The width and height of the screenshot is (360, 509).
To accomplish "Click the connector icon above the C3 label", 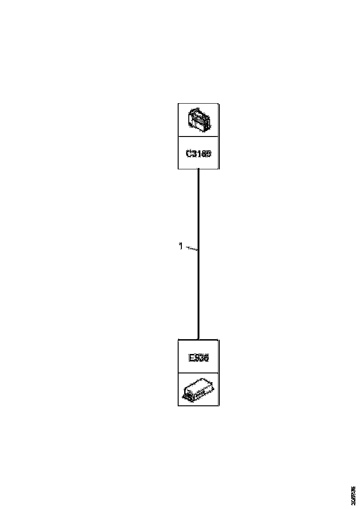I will (x=199, y=120).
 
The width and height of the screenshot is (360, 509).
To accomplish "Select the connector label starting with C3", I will (x=199, y=153).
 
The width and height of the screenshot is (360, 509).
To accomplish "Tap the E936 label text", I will (x=199, y=358).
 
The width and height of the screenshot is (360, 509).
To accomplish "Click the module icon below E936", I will (x=199, y=390).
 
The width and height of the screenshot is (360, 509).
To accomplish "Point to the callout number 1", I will (x=180, y=246).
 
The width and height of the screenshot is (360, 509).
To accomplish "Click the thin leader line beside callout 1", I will (x=192, y=249).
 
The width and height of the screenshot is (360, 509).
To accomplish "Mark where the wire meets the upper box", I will (x=199, y=169).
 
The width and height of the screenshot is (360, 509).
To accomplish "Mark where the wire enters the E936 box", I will (x=199, y=339).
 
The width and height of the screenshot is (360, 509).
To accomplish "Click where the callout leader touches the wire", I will (x=198, y=250).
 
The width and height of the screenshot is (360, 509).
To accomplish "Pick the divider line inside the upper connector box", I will (x=199, y=137).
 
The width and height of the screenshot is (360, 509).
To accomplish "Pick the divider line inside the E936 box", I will (x=199, y=373).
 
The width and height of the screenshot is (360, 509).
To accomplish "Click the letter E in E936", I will (x=191, y=358).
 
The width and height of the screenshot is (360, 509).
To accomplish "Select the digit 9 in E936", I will (x=196, y=358).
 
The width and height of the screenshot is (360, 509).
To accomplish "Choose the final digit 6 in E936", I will (x=206, y=358).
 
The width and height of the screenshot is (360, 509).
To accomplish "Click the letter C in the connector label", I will (x=189, y=153).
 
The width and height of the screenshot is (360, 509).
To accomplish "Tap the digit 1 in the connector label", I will (x=199, y=153).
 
